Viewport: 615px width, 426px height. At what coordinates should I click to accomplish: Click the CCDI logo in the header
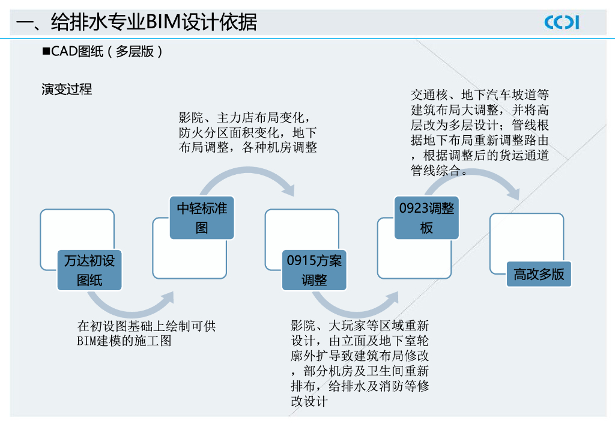pos(562,22)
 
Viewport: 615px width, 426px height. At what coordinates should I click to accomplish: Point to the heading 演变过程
pos(67,90)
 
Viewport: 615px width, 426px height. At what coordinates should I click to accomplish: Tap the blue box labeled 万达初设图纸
pos(89,270)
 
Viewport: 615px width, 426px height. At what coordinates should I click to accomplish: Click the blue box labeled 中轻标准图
pos(202,218)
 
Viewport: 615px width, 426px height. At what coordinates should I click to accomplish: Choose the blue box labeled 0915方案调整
pos(314,270)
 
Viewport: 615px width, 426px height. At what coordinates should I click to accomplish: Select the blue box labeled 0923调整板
pos(426,218)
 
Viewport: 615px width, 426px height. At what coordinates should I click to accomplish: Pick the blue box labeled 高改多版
pos(539,274)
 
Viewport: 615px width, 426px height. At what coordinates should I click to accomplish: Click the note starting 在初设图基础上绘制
pos(146,333)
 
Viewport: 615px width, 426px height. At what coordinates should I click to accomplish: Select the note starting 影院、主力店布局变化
pos(247,132)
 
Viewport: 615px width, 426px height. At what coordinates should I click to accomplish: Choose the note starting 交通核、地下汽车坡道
pos(479,133)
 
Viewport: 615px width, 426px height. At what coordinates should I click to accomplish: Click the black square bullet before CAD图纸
pos(46,52)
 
